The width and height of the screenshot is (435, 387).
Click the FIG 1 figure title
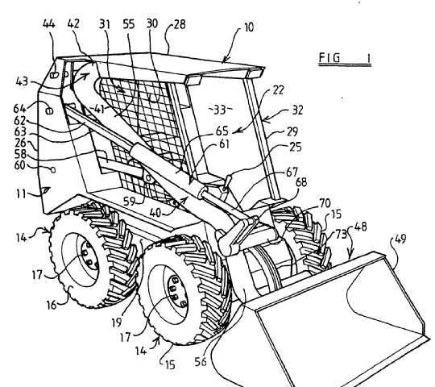345,58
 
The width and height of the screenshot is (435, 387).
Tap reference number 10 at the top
249,27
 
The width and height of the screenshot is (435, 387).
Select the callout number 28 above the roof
180,24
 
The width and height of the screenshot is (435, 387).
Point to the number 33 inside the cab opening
220,110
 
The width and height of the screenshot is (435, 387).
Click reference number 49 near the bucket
400,239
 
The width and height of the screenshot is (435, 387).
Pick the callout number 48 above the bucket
361,227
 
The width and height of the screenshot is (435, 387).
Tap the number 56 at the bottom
201,361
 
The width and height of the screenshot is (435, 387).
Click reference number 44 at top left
49,24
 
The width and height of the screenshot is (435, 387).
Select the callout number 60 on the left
19,165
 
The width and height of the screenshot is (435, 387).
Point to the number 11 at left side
21,193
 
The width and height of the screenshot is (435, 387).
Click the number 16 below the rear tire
51,305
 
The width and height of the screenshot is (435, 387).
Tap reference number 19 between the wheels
117,322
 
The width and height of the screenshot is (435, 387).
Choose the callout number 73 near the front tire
342,235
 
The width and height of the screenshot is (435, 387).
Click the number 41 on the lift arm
99,109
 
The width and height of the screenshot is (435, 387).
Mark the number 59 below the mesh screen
129,202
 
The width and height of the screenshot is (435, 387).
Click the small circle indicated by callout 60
53,169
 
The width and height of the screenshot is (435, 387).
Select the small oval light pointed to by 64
50,111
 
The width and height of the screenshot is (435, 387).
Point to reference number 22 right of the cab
278,90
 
